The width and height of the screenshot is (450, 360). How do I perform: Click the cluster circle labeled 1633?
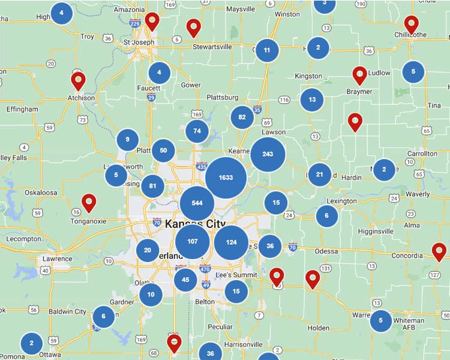click(x=226, y=178)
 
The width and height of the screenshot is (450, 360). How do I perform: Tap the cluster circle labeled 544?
click(x=197, y=203)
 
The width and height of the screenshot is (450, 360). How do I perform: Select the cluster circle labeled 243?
click(x=268, y=154)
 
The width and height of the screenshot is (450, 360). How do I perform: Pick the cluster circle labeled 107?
click(x=193, y=242)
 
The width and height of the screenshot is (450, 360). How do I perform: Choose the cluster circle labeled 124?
click(x=231, y=242)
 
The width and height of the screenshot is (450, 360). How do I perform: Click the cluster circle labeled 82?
click(x=242, y=118)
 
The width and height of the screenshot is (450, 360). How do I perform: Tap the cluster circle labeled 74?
click(x=197, y=131)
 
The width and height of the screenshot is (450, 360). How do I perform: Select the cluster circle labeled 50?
click(x=163, y=151)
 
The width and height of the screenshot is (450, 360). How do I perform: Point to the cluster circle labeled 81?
click(x=152, y=186)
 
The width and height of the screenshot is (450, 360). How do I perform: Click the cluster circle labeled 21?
click(x=319, y=175)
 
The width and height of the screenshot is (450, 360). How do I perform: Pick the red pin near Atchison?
click(x=77, y=80)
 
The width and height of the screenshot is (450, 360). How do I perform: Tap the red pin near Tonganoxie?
click(x=89, y=202)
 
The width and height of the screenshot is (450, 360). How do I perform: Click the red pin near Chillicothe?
click(x=411, y=23)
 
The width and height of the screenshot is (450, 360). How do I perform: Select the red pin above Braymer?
click(x=359, y=74)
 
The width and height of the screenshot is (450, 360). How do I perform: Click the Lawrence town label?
click(x=57, y=259)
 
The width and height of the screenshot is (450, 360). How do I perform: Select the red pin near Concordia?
click(x=439, y=251)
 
